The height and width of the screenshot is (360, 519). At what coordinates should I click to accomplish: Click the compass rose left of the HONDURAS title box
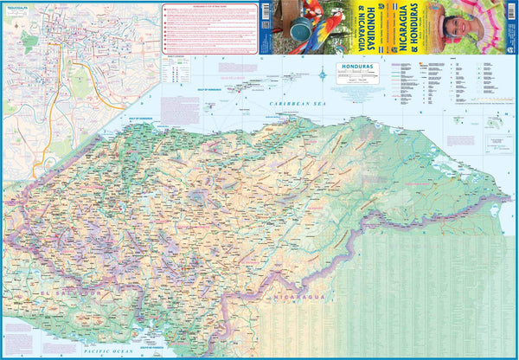click(324, 73)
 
